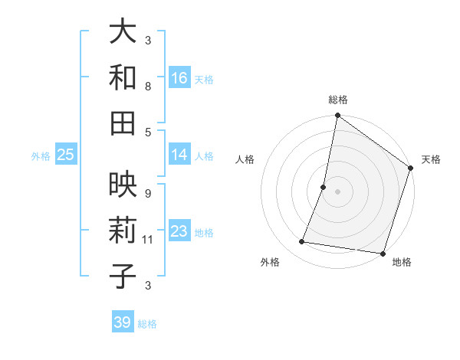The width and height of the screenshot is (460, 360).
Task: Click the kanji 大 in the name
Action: (123, 31)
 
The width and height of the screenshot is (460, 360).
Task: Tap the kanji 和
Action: (123, 77)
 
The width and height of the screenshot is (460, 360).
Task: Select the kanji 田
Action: (123, 122)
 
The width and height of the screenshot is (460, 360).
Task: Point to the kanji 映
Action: (123, 185)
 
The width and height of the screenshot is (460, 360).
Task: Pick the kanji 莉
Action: (123, 230)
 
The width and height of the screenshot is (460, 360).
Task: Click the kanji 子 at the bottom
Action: (123, 275)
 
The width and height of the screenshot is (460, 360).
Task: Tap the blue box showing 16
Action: (179, 77)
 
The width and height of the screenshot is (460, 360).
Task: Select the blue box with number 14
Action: (179, 155)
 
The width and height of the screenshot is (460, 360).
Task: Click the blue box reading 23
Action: (179, 231)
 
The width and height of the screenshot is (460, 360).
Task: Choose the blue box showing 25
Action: (66, 155)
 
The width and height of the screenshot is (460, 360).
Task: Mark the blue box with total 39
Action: (123, 322)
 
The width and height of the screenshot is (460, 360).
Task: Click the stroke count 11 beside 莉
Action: (149, 240)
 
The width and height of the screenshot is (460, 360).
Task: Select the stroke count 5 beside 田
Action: (148, 132)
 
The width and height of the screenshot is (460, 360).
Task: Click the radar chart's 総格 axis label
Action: (337, 100)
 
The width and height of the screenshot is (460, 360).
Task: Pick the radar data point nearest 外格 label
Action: (302, 242)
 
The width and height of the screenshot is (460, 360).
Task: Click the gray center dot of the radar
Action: (337, 191)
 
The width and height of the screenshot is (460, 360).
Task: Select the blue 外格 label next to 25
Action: (41, 155)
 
